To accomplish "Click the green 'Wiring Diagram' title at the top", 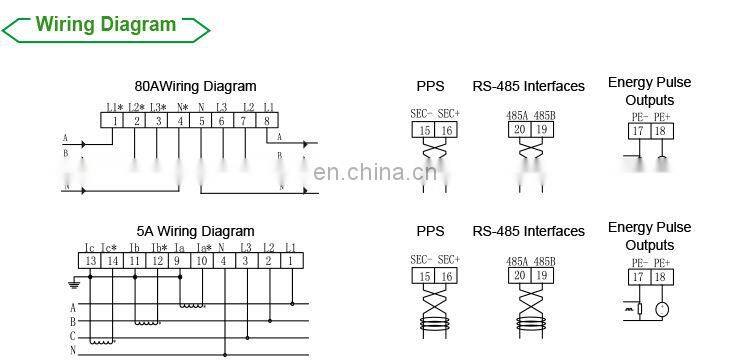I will point(105,25).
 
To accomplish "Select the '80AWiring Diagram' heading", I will point(195,87).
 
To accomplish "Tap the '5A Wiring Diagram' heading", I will point(196,232).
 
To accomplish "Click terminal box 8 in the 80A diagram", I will point(269,121).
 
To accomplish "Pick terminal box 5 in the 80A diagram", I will point(203,121).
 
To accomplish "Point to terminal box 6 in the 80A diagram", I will point(225,121).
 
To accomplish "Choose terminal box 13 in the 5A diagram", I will point(89,261).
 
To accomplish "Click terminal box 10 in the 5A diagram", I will point(202,261).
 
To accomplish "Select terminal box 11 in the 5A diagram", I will point(134,261).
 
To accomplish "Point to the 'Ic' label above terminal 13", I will point(89,247).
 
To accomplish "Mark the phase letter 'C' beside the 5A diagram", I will point(72,336).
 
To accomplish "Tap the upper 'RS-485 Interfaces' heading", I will point(528,87).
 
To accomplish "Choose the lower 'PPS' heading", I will point(430,232).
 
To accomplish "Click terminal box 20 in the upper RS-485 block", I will point(520,130).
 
